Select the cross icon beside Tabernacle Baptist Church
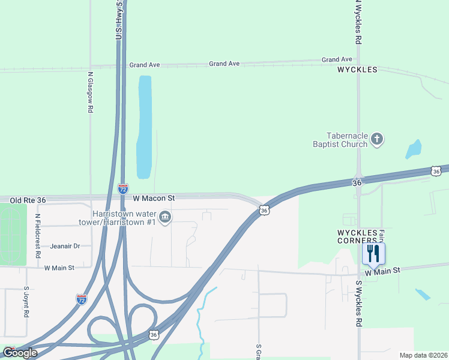(377, 140)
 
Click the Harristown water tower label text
(124, 218)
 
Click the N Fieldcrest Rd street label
(37, 236)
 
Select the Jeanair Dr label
(65, 246)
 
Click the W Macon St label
(153, 198)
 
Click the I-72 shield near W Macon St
(123, 188)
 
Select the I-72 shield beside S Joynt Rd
(82, 299)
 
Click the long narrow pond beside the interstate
(144, 127)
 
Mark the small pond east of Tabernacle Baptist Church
(414, 149)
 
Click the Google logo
(20, 353)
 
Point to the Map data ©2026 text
(423, 355)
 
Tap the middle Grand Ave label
(224, 64)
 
